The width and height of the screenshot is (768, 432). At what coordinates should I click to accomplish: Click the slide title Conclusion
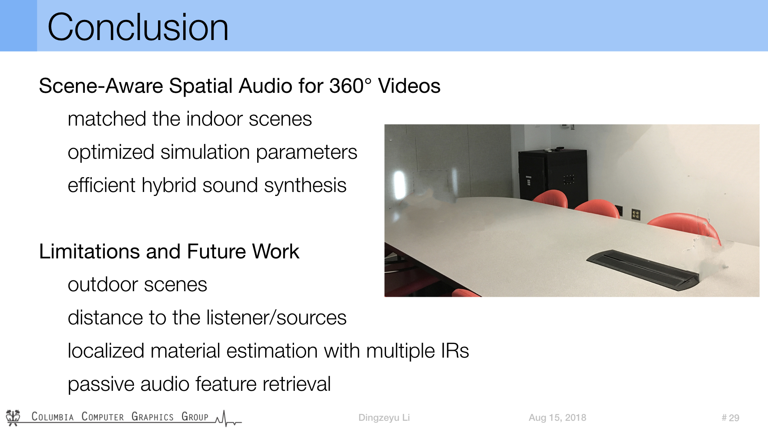coord(138,27)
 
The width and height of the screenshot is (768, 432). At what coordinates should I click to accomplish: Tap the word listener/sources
coord(276,318)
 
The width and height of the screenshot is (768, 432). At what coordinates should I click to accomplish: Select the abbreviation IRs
coord(455,351)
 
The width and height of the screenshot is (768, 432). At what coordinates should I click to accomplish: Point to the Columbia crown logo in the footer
coord(13,418)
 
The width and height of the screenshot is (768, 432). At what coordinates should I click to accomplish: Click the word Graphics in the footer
coord(152,417)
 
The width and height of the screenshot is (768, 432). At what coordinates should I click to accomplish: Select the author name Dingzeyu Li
coord(384,418)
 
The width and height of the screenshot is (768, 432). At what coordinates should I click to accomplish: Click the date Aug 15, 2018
coord(557,418)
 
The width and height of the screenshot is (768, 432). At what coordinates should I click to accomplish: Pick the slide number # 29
coord(730,418)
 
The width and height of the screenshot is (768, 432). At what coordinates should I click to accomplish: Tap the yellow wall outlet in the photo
coord(636,214)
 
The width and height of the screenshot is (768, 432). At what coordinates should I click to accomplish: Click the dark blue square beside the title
coord(18,26)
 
